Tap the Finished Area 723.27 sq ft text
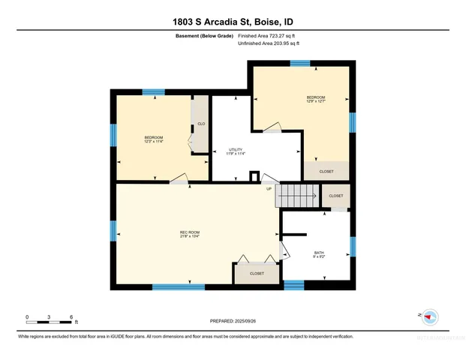pyautogui.click(x=269, y=35)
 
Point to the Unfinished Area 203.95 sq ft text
pyautogui.click(x=269, y=43)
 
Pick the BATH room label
pyautogui.click(x=319, y=253)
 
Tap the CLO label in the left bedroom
pyautogui.click(x=201, y=124)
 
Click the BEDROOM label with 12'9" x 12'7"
pyautogui.click(x=316, y=99)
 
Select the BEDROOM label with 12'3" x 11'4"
pyautogui.click(x=154, y=139)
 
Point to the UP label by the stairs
pyautogui.click(x=269, y=188)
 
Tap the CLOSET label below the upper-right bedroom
pyautogui.click(x=326, y=172)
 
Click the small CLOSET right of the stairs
pyautogui.click(x=336, y=196)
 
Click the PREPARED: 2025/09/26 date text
pyautogui.click(x=233, y=321)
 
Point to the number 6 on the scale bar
pyautogui.click(x=71, y=316)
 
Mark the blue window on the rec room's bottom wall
pyautogui.click(x=179, y=286)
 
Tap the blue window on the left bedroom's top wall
pyautogui.click(x=154, y=92)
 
